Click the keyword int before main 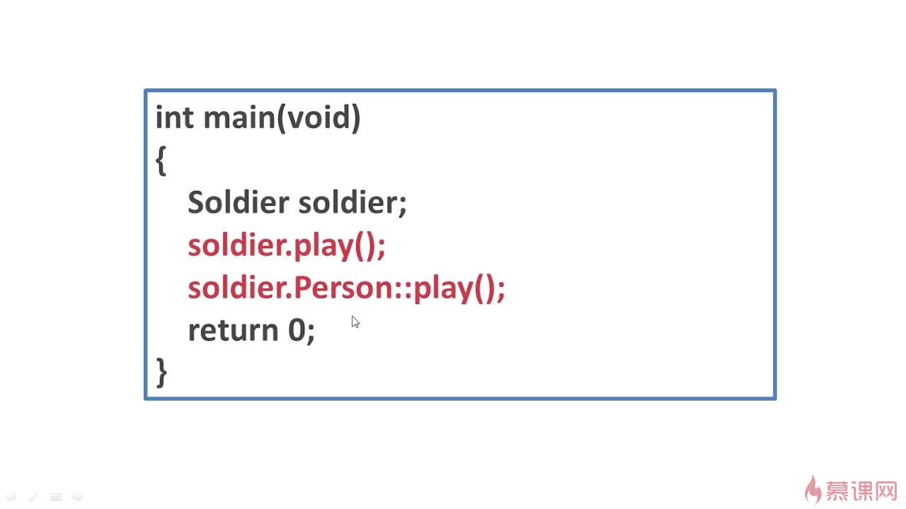tap(173, 117)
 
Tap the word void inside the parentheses tap(318, 117)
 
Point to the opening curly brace tap(161, 162)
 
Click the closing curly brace tap(161, 372)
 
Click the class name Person tap(343, 288)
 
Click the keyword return tap(232, 331)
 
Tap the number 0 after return tap(296, 331)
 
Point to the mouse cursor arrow tap(355, 322)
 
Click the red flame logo tap(813, 488)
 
